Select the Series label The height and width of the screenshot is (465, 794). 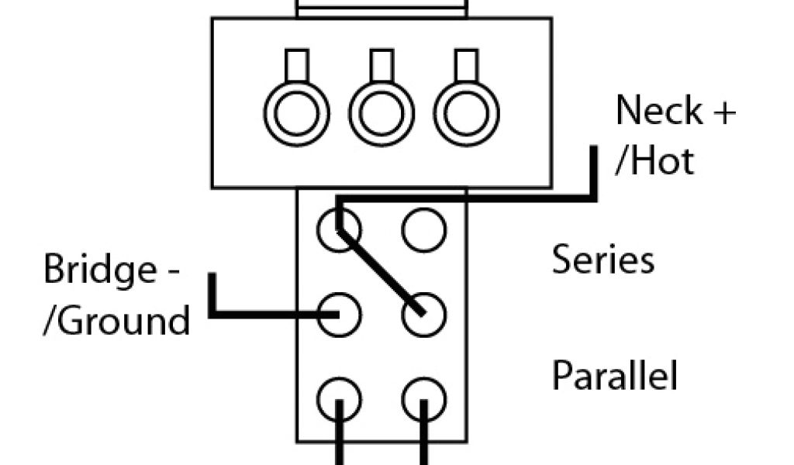coord(602,260)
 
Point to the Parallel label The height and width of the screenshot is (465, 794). coord(614,376)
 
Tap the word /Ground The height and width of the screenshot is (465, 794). coord(116,319)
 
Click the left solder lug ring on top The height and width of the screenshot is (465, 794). coord(297,113)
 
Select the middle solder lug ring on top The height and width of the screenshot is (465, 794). coord(381,113)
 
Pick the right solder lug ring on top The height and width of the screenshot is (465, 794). coord(465,113)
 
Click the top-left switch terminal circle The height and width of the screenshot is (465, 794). coord(339,229)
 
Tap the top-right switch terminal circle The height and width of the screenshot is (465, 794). coord(424,229)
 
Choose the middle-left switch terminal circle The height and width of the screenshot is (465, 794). coord(339,315)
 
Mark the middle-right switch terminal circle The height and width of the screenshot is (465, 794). coord(424,315)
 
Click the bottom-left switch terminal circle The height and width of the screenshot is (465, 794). coord(339,399)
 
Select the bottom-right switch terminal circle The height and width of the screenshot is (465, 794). coord(424,399)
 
